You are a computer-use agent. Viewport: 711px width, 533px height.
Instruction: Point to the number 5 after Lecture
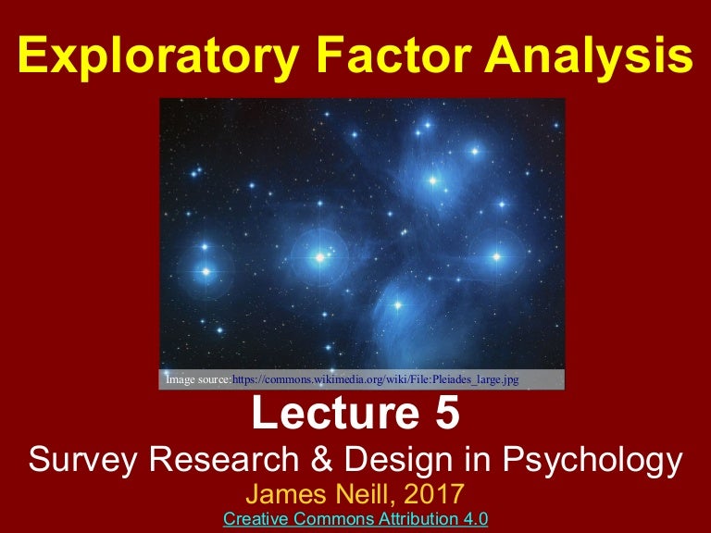(x=443, y=415)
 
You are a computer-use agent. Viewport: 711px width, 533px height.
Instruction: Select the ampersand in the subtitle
(x=318, y=460)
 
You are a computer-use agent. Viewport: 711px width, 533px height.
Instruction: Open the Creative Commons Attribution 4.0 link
(x=355, y=517)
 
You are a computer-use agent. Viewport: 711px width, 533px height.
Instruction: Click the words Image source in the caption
(x=197, y=379)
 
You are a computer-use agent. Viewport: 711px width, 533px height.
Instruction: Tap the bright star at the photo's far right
(x=496, y=256)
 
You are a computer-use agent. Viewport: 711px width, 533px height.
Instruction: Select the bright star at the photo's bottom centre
(x=397, y=305)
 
